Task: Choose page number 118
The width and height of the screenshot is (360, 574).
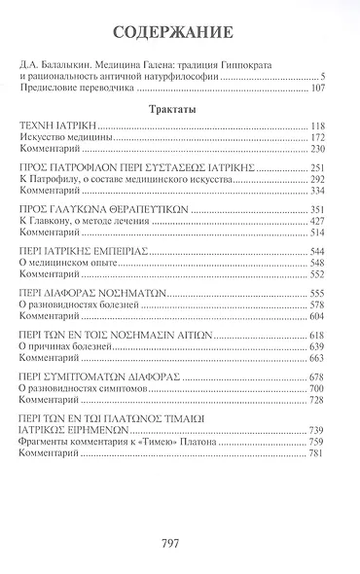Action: tap(333, 127)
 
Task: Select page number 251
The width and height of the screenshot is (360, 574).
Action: tap(333, 168)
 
